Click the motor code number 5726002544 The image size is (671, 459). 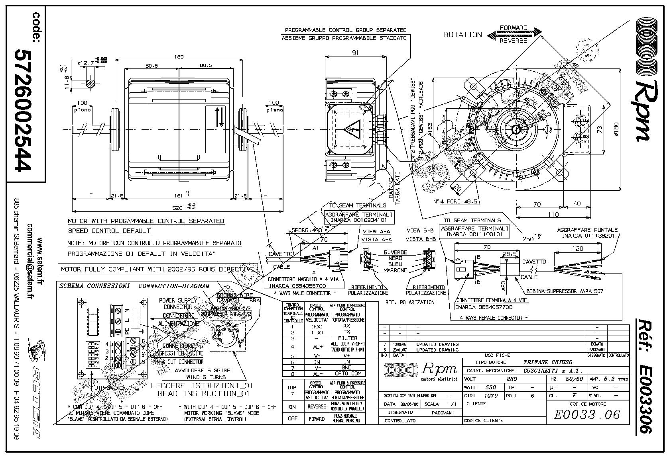pyautogui.click(x=23, y=111)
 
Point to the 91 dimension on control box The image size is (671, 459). pyautogui.click(x=351, y=52)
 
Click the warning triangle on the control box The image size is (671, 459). pyautogui.click(x=351, y=129)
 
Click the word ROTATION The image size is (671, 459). pyautogui.click(x=462, y=35)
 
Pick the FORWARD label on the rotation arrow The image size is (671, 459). pyautogui.click(x=513, y=28)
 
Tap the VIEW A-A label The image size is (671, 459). pyautogui.click(x=376, y=232)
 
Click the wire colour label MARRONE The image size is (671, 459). pyautogui.click(x=395, y=270)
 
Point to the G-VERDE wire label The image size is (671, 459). pyautogui.click(x=395, y=252)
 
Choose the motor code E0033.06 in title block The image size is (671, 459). pyautogui.click(x=587, y=415)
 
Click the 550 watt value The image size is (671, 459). pyautogui.click(x=490, y=387)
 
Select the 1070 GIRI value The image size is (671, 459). pyautogui.click(x=490, y=396)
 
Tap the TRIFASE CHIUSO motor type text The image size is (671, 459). pyautogui.click(x=547, y=362)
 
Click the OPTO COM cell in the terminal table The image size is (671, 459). pyautogui.click(x=347, y=373)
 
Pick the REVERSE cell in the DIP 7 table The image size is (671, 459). pyautogui.click(x=317, y=407)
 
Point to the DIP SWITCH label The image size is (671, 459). pyautogui.click(x=109, y=388)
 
